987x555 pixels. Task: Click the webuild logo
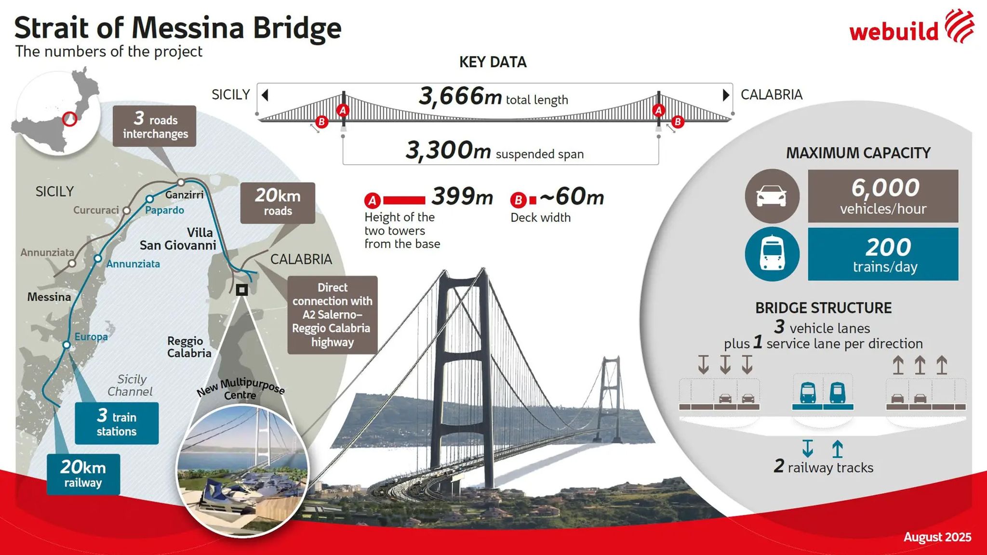pyautogui.click(x=911, y=28)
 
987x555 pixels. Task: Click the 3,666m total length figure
pyautogui.click(x=460, y=96)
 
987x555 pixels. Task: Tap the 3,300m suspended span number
pyautogui.click(x=448, y=150)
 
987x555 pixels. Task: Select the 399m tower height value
pyautogui.click(x=462, y=197)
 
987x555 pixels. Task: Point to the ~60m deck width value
pyautogui.click(x=572, y=197)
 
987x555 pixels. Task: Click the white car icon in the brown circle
pyautogui.click(x=772, y=196)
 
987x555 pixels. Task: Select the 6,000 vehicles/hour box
pyautogui.click(x=883, y=196)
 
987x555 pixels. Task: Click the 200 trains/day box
pyautogui.click(x=883, y=254)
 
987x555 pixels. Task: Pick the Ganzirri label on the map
pyautogui.click(x=184, y=195)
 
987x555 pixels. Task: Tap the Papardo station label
pyautogui.click(x=164, y=210)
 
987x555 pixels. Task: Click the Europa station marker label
pyautogui.click(x=91, y=336)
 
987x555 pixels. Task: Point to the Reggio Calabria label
pyautogui.click(x=189, y=347)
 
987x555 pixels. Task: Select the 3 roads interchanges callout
pyautogui.click(x=154, y=126)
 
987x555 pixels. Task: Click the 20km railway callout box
pyautogui.click(x=83, y=474)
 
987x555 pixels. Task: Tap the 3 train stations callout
pyautogui.click(x=117, y=423)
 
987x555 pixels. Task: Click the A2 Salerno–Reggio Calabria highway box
pyautogui.click(x=332, y=315)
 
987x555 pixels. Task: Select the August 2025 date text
pyautogui.click(x=937, y=537)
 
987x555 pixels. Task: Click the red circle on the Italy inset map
pyautogui.click(x=70, y=119)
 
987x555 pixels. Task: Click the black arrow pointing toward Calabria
pyautogui.click(x=726, y=95)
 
